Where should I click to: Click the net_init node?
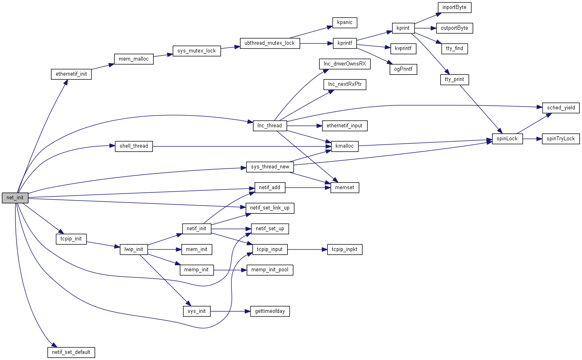(15, 198)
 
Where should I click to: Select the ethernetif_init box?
(71, 74)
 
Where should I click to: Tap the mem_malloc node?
(134, 59)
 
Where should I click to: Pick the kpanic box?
(344, 22)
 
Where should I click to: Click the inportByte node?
(454, 7)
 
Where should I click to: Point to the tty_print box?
(454, 79)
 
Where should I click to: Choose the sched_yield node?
(561, 108)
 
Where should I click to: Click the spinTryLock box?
(560, 139)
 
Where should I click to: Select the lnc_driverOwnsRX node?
(344, 64)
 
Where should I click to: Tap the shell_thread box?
(134, 146)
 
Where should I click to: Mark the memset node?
(344, 188)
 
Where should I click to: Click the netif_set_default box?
(71, 352)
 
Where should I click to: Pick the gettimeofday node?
(270, 311)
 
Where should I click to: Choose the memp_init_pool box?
(270, 270)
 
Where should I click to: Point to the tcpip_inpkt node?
(344, 249)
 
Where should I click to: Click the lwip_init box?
(134, 249)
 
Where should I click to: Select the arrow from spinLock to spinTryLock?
(532, 139)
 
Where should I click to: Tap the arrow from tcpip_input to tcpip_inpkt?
(307, 249)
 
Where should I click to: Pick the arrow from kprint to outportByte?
(425, 28)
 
